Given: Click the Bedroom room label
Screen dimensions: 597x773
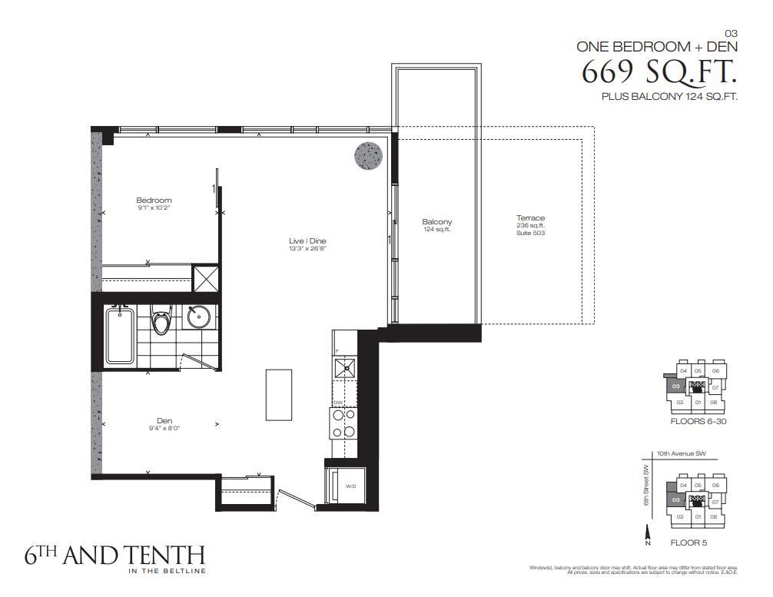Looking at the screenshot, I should [154, 201].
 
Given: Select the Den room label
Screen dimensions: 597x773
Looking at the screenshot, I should [164, 420].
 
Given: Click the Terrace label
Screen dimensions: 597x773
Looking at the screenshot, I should [530, 218].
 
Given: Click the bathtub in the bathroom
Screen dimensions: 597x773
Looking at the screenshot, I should [121, 335].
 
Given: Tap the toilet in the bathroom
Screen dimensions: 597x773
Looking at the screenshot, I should [161, 321].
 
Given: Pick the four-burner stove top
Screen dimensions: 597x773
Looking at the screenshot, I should [343, 423].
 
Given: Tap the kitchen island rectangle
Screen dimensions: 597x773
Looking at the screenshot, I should [277, 394].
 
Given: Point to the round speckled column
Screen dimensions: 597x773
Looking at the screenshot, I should [367, 156].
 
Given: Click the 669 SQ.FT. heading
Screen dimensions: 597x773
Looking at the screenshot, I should [659, 72].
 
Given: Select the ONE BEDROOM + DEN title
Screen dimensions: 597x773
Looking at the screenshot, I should [657, 46].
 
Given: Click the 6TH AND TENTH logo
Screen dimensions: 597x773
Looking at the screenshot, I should [114, 556].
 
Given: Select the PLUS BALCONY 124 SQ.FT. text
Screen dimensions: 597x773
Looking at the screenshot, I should [669, 97].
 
